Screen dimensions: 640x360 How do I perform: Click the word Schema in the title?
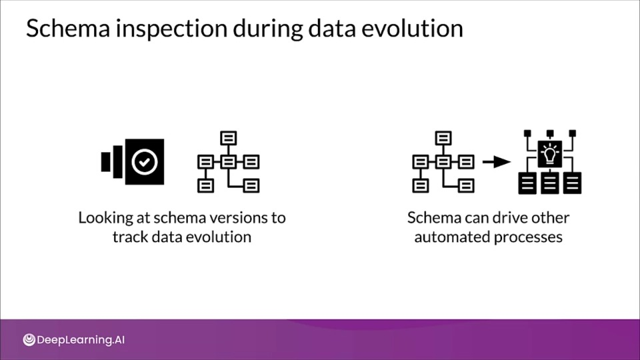coord(68,28)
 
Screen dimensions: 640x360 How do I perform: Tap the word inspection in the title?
coord(171,29)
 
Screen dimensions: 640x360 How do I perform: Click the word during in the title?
coord(268,29)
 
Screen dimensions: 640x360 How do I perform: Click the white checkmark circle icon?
coord(145,161)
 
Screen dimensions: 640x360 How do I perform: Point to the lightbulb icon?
coord(550,154)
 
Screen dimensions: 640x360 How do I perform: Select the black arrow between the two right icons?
coord(496,162)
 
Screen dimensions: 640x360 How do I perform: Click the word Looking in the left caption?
coord(106,219)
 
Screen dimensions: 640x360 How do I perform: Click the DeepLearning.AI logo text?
coord(81,340)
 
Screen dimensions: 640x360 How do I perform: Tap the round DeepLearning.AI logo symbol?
coord(29,339)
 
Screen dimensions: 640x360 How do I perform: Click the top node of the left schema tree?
coord(228,138)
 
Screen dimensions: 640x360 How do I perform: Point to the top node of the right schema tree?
coord(443,138)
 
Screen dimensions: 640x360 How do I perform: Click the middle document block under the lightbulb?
coord(550,183)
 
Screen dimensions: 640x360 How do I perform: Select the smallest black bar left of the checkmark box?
coord(106,162)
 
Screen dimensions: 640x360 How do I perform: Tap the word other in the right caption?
coord(550,218)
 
